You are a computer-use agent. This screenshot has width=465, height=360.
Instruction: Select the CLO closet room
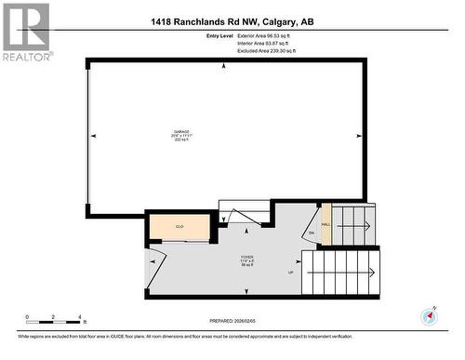click(179, 227)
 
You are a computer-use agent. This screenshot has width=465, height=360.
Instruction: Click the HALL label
click(325, 224)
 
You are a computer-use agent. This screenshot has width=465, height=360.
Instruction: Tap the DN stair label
click(312, 233)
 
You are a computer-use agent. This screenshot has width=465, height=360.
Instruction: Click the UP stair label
click(290, 273)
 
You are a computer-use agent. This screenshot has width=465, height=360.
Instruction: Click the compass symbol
click(429, 317)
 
